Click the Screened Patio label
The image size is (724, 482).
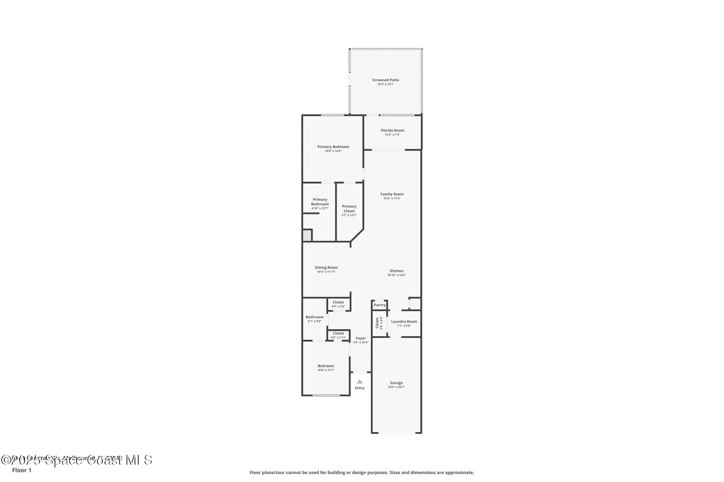click(386, 80)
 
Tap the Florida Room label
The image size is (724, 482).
click(392, 131)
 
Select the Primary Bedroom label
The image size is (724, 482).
click(333, 147)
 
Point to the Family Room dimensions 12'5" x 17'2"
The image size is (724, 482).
click(392, 199)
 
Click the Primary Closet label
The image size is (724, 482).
click(349, 209)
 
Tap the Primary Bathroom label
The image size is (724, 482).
click(320, 202)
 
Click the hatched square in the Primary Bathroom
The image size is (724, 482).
click(307, 235)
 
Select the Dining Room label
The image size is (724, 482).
click(326, 268)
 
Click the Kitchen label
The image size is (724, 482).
click(396, 271)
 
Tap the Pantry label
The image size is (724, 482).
click(379, 305)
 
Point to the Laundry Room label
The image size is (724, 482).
click(404, 321)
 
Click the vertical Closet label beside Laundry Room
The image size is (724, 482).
click(377, 323)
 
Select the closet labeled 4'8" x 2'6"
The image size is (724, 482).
click(338, 304)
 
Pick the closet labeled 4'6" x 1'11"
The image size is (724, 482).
click(338, 335)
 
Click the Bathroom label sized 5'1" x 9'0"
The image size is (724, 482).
click(315, 317)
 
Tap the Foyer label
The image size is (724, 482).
click(361, 338)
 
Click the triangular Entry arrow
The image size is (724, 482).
click(359, 381)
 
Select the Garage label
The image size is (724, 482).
click(396, 383)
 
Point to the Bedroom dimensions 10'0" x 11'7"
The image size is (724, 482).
click(326, 370)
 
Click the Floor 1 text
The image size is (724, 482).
click(22, 470)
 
